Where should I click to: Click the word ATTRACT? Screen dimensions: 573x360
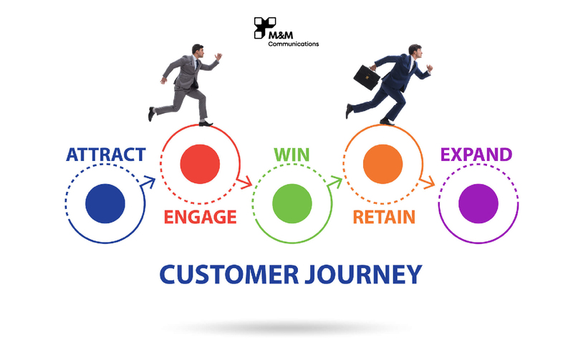pyautogui.click(x=106, y=155)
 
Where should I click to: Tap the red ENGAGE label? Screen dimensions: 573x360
pyautogui.click(x=201, y=217)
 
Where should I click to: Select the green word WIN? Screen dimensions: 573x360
pyautogui.click(x=292, y=155)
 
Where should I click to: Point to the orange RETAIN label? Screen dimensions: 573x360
pyautogui.click(x=384, y=217)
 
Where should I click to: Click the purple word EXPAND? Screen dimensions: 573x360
pyautogui.click(x=476, y=155)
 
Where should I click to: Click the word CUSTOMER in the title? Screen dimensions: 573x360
pyautogui.click(x=229, y=275)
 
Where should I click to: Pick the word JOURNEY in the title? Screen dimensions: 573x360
pyautogui.click(x=364, y=275)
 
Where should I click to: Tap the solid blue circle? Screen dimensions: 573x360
pyautogui.click(x=105, y=203)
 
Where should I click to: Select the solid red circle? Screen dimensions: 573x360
pyautogui.click(x=200, y=164)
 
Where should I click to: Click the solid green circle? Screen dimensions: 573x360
pyautogui.click(x=292, y=203)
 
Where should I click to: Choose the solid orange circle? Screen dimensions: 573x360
pyautogui.click(x=382, y=164)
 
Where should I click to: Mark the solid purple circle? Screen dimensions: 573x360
pyautogui.click(x=478, y=203)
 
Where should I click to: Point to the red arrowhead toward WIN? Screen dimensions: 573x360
pyautogui.click(x=246, y=183)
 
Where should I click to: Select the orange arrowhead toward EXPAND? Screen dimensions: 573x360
pyautogui.click(x=428, y=183)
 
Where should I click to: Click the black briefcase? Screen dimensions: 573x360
pyautogui.click(x=367, y=77)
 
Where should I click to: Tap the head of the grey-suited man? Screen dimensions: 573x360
pyautogui.click(x=198, y=51)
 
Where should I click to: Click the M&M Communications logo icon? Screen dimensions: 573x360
pyautogui.click(x=264, y=27)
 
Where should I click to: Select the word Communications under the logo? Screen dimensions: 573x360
pyautogui.click(x=294, y=44)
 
